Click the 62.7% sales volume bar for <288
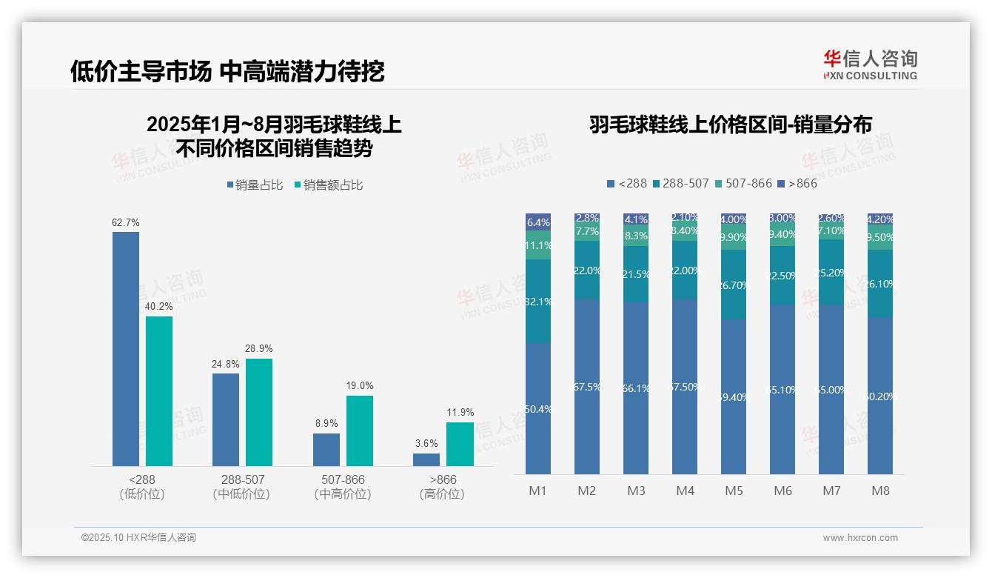(x=126, y=348)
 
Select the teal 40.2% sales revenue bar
(x=159, y=391)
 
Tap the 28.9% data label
(x=259, y=348)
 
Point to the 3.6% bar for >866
(x=426, y=459)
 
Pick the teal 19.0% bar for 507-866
(x=360, y=431)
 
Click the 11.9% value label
(x=460, y=412)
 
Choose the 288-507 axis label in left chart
(x=243, y=479)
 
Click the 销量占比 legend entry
(x=255, y=185)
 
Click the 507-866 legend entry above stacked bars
(x=743, y=183)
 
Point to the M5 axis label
(x=734, y=491)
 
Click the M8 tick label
(x=880, y=491)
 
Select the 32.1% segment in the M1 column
(x=538, y=301)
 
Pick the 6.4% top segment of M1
(x=538, y=222)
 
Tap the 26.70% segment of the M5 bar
(x=734, y=285)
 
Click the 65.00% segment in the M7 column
(x=831, y=389)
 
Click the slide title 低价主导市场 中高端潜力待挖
(x=227, y=71)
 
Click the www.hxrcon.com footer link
(x=860, y=538)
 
